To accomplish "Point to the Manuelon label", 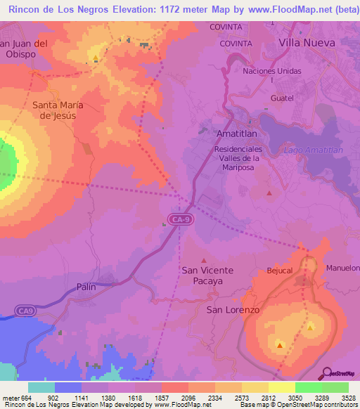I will tap(342, 268).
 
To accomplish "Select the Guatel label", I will tap(281, 98).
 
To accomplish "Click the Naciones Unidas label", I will tap(271, 72).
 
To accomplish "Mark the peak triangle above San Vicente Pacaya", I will tap(205, 259).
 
